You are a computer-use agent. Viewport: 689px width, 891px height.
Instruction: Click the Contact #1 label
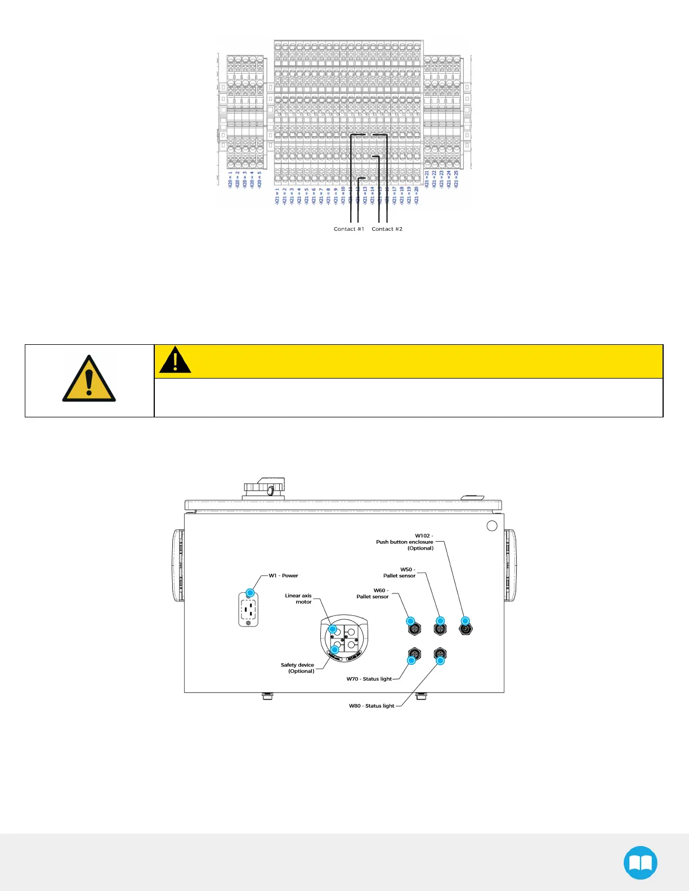(348, 229)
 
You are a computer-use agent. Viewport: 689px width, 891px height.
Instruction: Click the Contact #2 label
(387, 229)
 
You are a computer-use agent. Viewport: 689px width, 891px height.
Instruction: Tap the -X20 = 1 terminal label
(230, 179)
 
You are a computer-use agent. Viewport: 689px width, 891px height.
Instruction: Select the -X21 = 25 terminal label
(457, 179)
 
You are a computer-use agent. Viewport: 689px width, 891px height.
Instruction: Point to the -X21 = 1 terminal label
(277, 196)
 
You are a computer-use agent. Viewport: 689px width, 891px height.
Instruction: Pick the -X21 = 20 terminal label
(417, 195)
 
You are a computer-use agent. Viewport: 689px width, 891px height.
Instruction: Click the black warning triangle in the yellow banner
(175, 361)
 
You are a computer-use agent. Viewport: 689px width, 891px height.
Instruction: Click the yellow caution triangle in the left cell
(89, 379)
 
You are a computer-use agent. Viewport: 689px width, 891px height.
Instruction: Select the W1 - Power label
(283, 575)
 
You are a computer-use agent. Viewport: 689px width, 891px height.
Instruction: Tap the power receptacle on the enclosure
(248, 609)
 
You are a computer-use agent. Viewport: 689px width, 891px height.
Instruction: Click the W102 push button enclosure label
(405, 542)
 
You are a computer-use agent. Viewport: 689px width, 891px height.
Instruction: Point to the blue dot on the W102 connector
(466, 621)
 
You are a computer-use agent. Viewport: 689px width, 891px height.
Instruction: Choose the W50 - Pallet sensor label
(400, 573)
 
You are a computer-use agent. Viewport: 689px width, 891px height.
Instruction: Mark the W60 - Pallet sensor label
(373, 593)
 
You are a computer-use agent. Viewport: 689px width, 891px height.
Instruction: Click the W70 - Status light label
(369, 679)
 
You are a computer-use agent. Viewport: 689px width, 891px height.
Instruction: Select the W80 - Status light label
(372, 706)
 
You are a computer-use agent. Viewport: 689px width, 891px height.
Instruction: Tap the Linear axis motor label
(298, 598)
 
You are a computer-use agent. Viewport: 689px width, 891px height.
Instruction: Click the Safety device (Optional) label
(298, 668)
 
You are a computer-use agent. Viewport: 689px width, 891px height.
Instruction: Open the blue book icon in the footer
(640, 862)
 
